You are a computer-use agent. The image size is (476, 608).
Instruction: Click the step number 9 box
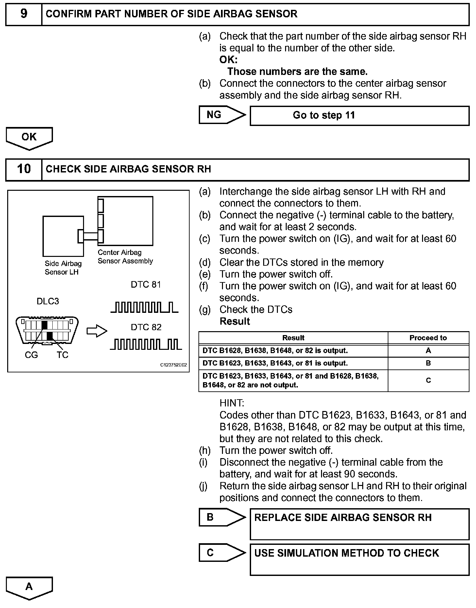[24, 14]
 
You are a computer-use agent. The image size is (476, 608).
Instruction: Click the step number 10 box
[24, 169]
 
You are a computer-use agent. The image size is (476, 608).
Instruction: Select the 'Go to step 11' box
[359, 116]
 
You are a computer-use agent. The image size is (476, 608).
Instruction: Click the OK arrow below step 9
[29, 137]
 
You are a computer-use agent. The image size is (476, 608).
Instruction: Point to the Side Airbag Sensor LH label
[63, 268]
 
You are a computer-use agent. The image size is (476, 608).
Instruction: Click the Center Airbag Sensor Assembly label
[125, 257]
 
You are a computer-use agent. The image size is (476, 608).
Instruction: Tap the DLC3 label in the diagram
[48, 301]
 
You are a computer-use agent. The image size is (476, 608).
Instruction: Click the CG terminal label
[31, 355]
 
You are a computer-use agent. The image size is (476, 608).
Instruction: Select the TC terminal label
[62, 355]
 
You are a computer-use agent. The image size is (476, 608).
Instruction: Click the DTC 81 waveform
[144, 308]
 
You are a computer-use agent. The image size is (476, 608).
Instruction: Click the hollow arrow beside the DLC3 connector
[97, 331]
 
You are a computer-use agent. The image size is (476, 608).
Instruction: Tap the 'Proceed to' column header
[428, 338]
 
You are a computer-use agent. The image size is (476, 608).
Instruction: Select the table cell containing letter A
[428, 350]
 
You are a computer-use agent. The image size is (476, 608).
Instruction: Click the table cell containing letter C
[428, 380]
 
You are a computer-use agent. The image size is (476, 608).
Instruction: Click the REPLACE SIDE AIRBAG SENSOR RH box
[359, 524]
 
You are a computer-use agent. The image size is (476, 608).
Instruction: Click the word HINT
[232, 403]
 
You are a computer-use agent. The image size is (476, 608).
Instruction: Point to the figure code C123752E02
[173, 365]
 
